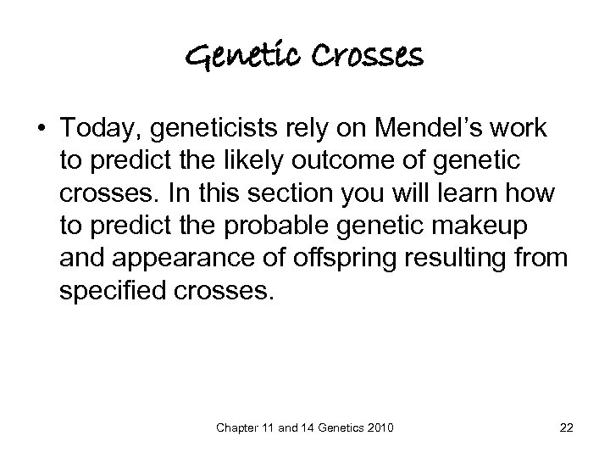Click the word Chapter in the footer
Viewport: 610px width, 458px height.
click(x=242, y=427)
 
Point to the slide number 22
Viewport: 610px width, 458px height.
click(x=566, y=427)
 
